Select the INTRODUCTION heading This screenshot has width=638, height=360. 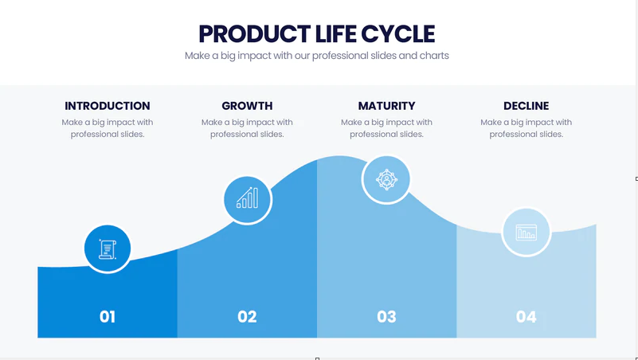point(108,106)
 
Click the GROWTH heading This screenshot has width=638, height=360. point(247,106)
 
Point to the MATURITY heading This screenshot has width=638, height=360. point(386,106)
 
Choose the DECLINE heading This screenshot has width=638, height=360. point(526,106)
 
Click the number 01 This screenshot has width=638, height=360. point(108,317)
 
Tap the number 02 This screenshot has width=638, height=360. point(247,317)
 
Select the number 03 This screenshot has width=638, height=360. point(386,317)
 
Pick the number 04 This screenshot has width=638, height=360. point(526,317)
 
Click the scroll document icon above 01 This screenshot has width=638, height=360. point(108,249)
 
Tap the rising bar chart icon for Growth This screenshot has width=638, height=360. point(248,198)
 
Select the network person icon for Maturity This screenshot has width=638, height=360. point(386,180)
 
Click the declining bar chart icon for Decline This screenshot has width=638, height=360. point(526,233)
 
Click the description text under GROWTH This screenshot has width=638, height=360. point(247,128)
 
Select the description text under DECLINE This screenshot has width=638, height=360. point(526,128)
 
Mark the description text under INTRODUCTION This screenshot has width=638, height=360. point(108,128)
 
